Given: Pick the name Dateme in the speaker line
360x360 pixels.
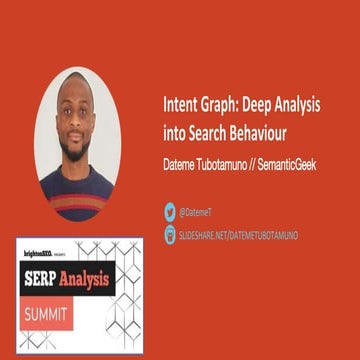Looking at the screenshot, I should [181, 164].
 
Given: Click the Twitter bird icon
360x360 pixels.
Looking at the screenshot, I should [170, 211].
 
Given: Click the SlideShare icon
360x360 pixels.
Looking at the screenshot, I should [170, 235].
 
